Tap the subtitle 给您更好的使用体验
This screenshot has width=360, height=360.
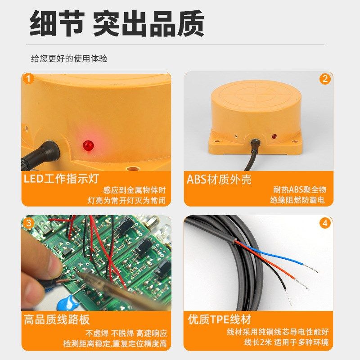(x=69, y=58)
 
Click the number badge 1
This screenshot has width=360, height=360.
(x=28, y=79)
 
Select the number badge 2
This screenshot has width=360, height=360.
(x=324, y=79)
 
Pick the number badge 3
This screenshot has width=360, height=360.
(x=28, y=223)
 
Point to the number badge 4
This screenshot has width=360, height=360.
(x=324, y=223)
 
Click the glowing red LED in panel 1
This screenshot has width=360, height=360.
(x=87, y=145)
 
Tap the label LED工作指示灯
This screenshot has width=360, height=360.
(x=61, y=179)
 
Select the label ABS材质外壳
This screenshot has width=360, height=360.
(x=219, y=179)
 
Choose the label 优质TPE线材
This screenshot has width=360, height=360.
(x=219, y=319)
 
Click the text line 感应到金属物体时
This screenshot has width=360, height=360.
(x=135, y=190)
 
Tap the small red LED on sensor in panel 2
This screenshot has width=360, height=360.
(x=273, y=135)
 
